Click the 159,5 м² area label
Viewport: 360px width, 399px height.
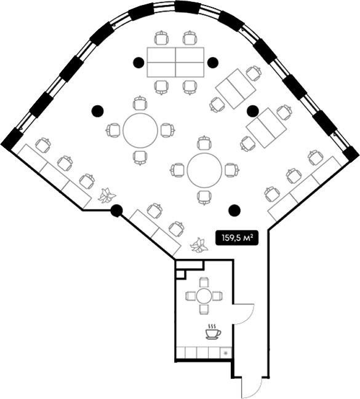point(237,238)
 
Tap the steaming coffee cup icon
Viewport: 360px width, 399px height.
point(213,331)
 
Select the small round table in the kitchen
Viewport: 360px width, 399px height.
point(204,296)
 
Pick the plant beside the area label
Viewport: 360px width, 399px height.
point(199,245)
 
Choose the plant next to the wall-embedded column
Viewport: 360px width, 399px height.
point(107,196)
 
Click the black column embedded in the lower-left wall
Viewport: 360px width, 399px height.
point(117,210)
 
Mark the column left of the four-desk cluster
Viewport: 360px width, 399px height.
point(138,62)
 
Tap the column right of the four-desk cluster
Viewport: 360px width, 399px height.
point(212,62)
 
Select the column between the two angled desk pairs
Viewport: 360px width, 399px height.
point(253,111)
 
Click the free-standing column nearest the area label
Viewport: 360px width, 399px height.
point(234,210)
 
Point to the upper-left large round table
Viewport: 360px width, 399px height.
point(140,130)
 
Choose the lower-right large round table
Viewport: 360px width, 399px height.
point(204,170)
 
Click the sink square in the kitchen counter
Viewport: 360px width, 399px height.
point(225,353)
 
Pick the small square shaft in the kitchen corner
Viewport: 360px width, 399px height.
point(180,274)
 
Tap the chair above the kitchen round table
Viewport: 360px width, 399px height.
point(204,282)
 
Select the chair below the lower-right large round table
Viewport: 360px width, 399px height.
point(204,197)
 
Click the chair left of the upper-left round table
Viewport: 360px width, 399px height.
point(113,130)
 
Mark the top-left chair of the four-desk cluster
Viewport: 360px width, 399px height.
point(162,38)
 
